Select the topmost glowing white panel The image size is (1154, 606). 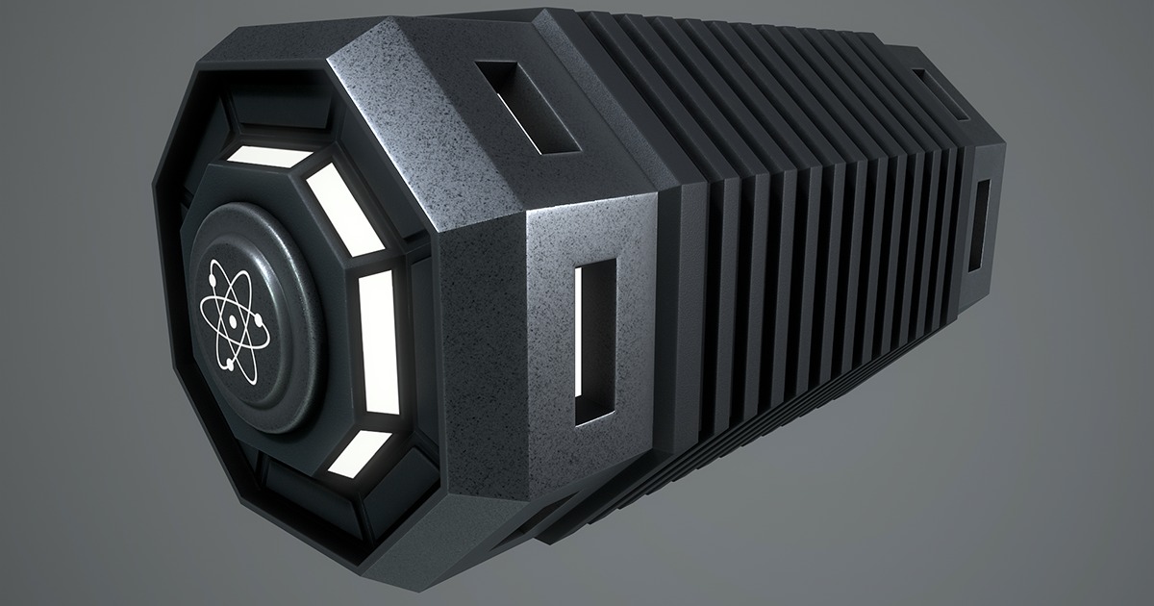(272, 155)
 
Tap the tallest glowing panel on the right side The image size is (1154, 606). (378, 341)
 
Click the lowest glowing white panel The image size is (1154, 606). (359, 453)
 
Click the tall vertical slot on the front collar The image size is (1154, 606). (595, 341)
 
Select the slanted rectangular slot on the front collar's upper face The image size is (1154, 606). (525, 106)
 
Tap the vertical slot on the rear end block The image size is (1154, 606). (980, 225)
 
